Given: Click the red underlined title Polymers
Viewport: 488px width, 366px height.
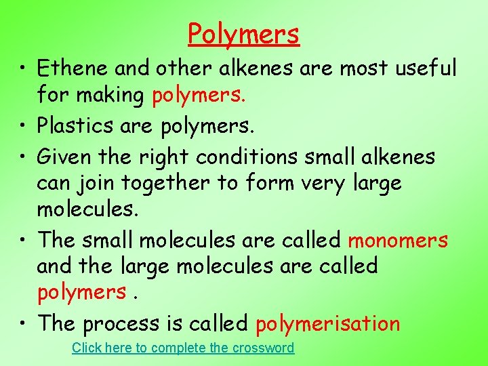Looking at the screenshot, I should point(243,33).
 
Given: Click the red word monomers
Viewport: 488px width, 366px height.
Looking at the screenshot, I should point(398,240).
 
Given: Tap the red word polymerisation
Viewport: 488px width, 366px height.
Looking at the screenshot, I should point(328,324).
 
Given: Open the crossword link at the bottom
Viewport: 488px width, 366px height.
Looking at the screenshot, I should point(183,348).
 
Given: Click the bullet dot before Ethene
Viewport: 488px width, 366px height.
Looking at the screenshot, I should point(24,69).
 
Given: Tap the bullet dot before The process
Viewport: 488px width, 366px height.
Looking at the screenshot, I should point(24,324).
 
